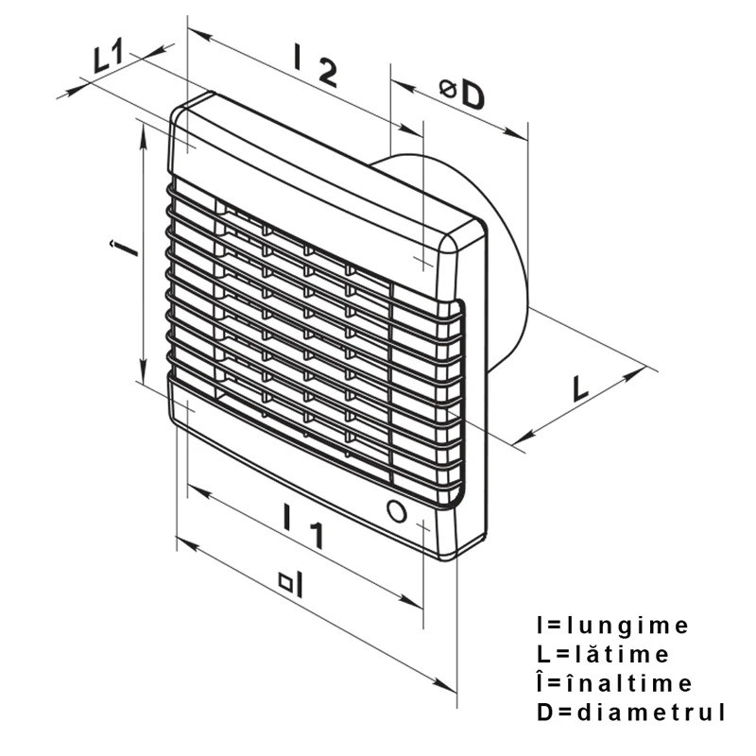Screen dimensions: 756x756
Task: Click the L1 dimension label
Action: (109, 57)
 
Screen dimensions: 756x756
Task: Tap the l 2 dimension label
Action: (316, 64)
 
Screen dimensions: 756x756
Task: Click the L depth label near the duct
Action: (580, 388)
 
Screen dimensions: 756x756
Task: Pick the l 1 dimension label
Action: (303, 526)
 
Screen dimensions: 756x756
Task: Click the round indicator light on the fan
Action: (396, 510)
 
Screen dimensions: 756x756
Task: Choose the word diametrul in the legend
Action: (651, 712)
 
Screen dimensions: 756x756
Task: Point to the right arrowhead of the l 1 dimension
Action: (411, 601)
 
